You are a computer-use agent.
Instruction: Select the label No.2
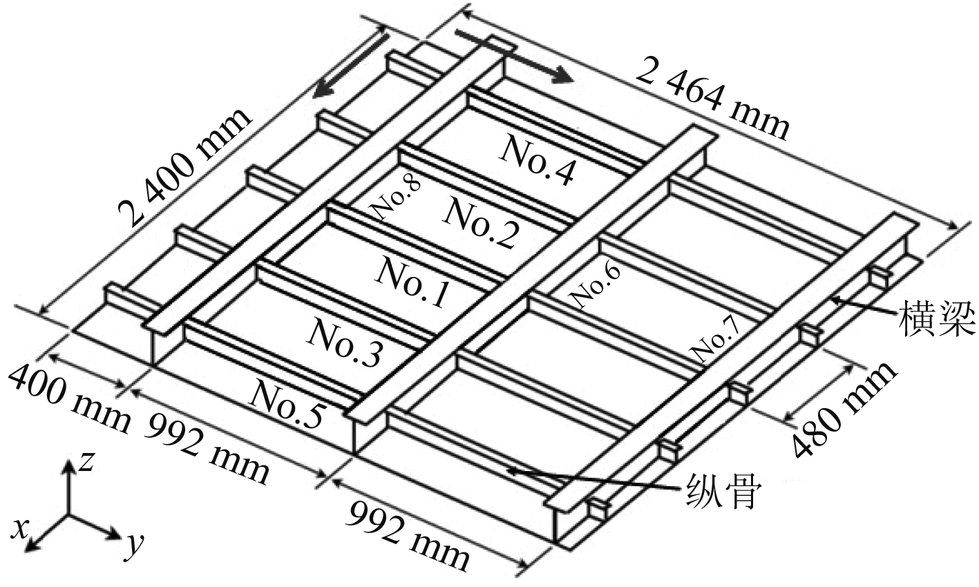(x=479, y=222)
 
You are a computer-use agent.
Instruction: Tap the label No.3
(x=343, y=343)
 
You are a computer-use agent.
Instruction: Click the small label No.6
(x=595, y=285)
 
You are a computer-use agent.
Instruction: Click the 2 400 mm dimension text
(x=183, y=169)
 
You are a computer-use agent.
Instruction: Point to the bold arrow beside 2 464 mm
(x=512, y=55)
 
